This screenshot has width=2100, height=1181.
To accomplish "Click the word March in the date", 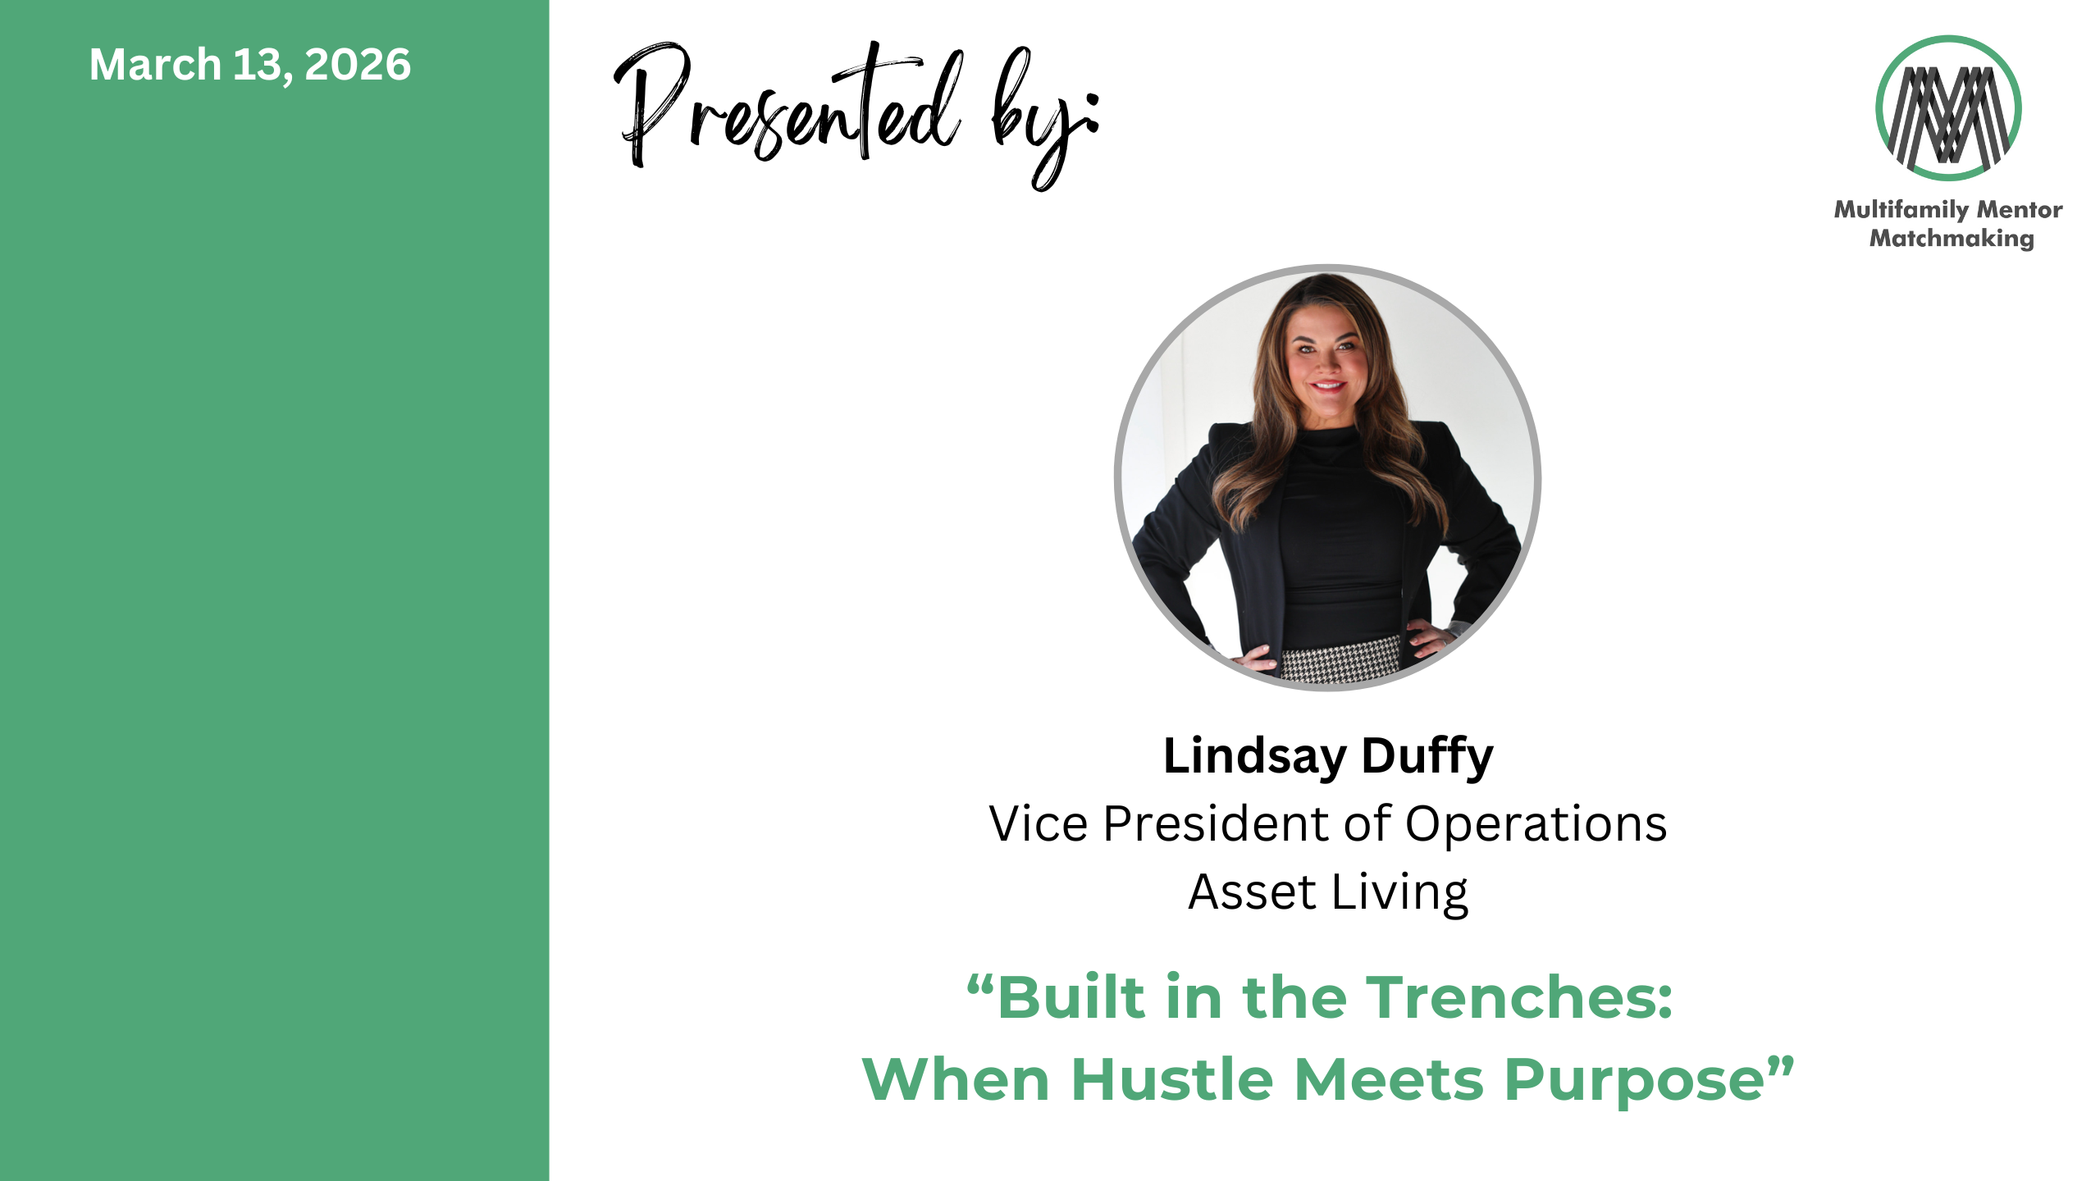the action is click(155, 65).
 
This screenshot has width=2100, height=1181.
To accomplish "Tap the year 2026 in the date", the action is click(358, 65).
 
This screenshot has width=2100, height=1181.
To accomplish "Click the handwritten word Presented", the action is click(787, 107).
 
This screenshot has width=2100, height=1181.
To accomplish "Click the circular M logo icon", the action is click(1948, 108).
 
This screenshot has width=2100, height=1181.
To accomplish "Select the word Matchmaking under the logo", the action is click(1952, 239).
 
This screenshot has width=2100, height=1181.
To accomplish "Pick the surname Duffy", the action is click(1427, 757).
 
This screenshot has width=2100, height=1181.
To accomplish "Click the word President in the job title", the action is click(1217, 823).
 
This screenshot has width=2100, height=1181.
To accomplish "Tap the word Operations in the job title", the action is click(1536, 825).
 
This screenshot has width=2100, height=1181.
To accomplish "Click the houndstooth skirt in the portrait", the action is click(1340, 661).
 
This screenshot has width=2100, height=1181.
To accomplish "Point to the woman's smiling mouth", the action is click(1328, 385).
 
